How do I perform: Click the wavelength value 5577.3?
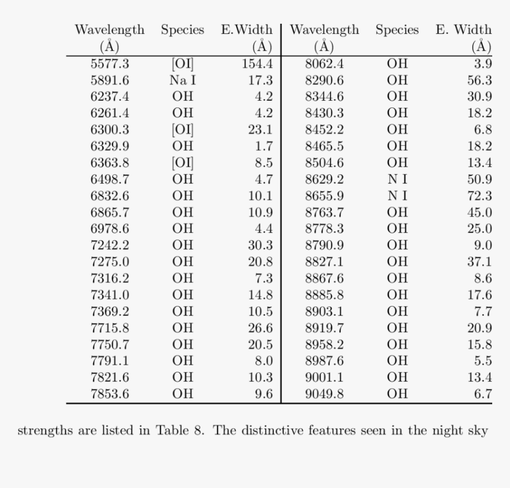pos(110,64)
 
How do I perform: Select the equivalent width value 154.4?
pos(257,64)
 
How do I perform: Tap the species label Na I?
pos(183,81)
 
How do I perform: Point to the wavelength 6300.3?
pos(110,130)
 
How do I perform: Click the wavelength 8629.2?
pos(324,179)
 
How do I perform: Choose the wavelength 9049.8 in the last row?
pos(324,393)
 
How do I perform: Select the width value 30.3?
pos(260,245)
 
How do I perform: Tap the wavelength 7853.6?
pos(110,393)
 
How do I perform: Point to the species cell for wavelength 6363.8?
pos(183,162)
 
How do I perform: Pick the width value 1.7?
pos(264,146)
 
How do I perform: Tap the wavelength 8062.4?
pos(324,64)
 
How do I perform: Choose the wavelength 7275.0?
pos(110,261)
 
